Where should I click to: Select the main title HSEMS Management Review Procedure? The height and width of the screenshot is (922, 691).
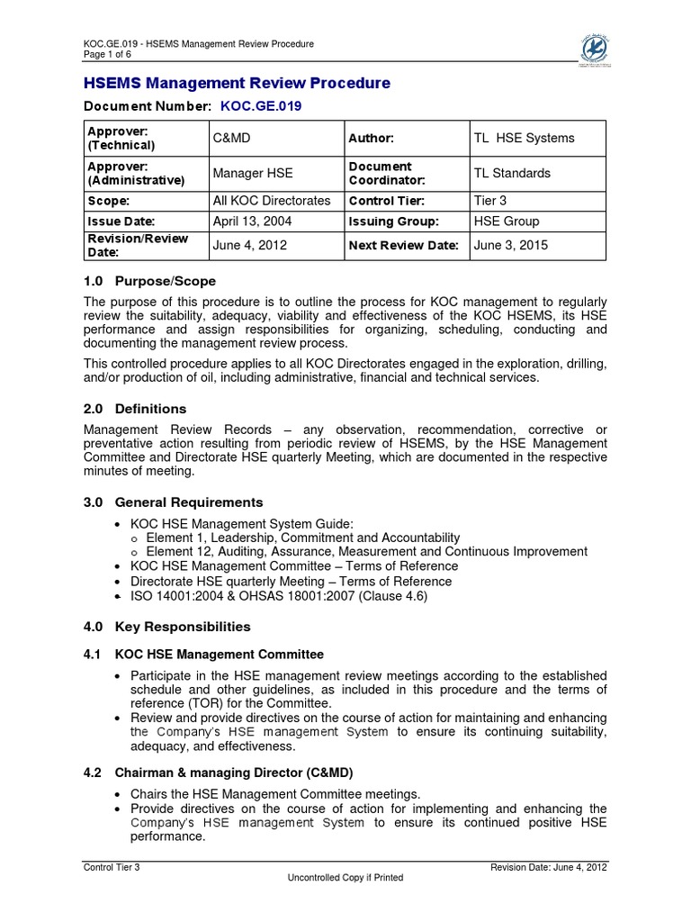coord(237,83)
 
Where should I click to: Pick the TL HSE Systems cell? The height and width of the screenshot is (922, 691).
coord(524,138)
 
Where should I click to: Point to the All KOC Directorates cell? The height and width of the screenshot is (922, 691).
coord(271,201)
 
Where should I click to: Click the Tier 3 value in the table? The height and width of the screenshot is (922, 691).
coord(491,201)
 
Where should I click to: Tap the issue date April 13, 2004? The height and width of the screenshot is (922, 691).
coord(251,221)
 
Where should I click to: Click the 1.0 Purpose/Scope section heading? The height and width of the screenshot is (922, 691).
coord(149,281)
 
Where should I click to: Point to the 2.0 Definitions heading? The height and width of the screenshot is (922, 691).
coord(135,408)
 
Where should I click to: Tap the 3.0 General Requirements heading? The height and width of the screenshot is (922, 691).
coord(173,502)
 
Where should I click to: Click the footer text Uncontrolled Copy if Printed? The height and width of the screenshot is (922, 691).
coord(345,877)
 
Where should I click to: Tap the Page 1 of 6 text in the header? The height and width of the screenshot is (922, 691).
coord(107,53)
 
